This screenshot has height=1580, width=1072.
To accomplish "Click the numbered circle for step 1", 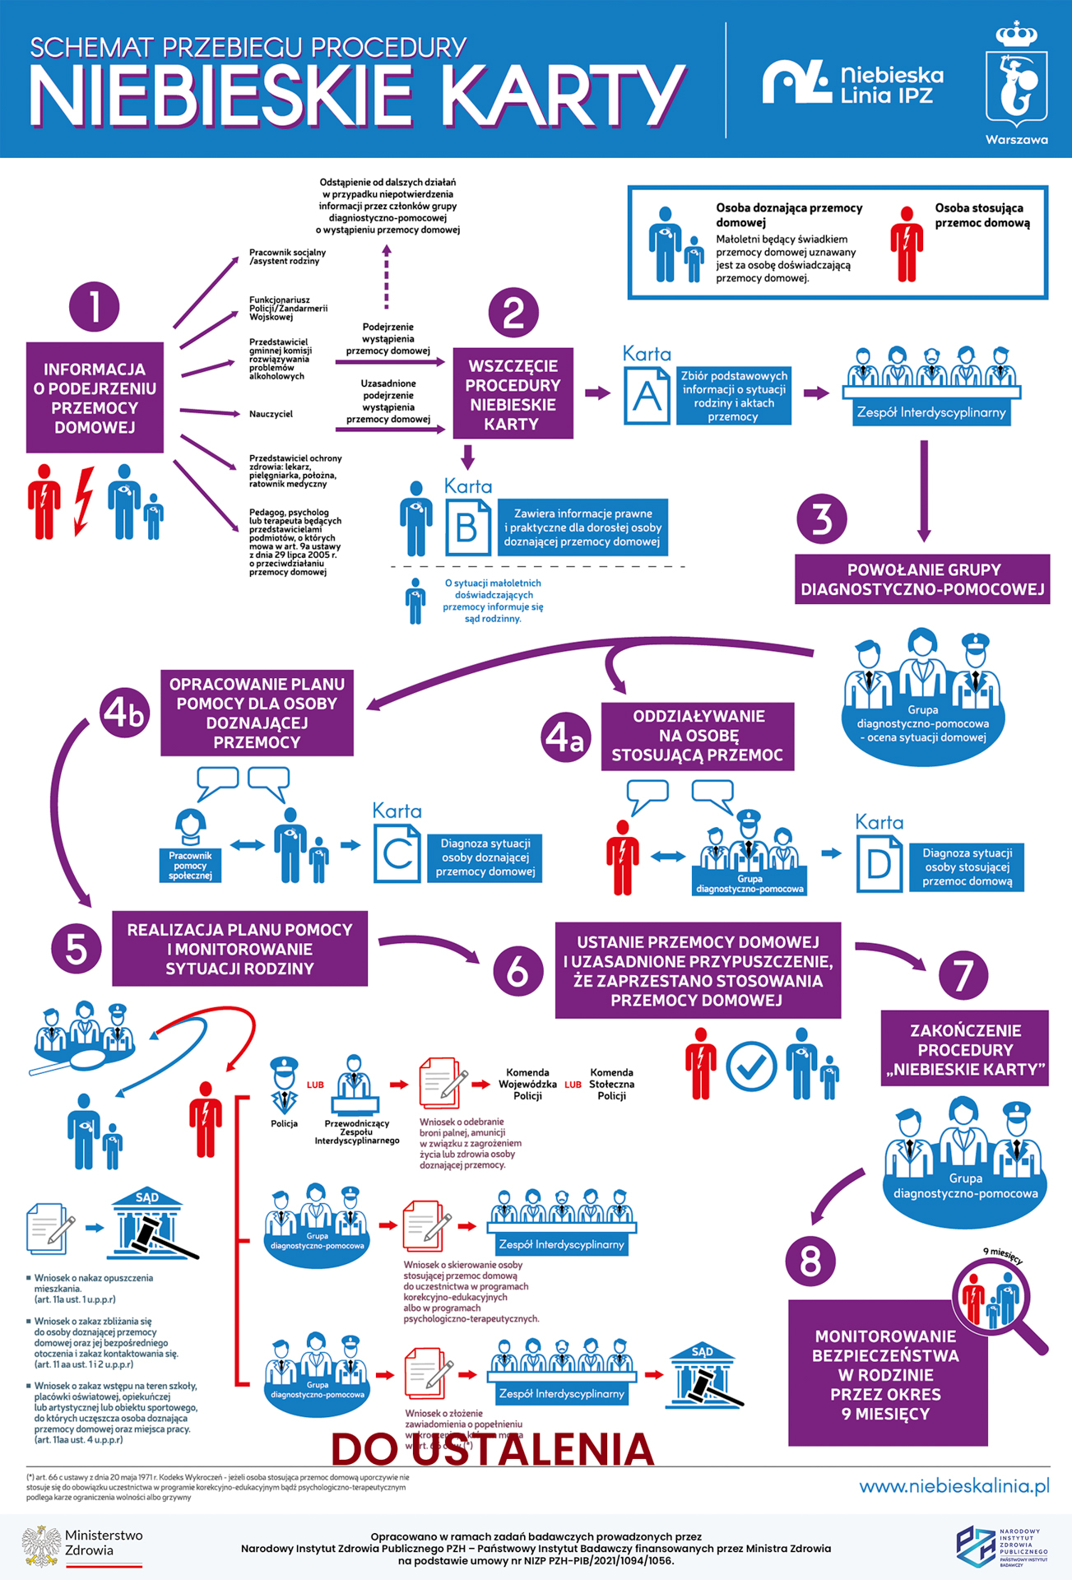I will (x=95, y=307).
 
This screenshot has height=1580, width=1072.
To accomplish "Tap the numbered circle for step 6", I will (x=517, y=971).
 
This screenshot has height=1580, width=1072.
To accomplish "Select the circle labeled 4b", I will (x=125, y=713).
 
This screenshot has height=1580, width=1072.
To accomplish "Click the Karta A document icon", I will (x=647, y=396).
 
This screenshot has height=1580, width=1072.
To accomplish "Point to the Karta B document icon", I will (x=467, y=527).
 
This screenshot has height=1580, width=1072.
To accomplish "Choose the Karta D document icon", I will (x=879, y=864).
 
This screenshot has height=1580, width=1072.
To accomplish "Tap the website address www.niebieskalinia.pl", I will (x=954, y=1486).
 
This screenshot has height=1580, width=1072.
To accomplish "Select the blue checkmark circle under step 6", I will (x=751, y=1066).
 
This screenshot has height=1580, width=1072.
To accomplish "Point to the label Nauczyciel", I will (x=271, y=414).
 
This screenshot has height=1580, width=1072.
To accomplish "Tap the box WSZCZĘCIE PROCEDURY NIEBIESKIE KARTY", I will (x=512, y=394).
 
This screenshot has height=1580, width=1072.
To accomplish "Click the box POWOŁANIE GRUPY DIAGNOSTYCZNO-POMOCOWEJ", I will (x=922, y=579).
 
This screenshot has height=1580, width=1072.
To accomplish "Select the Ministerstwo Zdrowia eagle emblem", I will (x=42, y=1545).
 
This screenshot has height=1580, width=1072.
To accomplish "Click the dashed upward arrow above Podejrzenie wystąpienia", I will (x=386, y=276).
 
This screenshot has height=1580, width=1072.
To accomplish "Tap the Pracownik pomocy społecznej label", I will (x=190, y=866).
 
